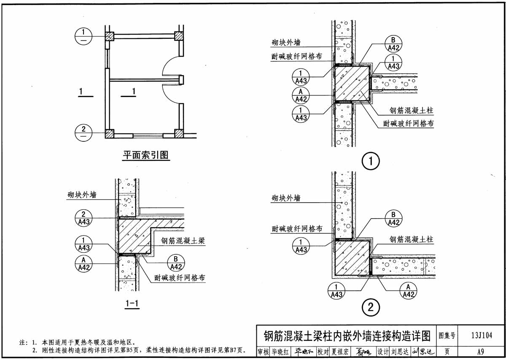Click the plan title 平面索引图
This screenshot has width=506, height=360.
pyautogui.click(x=145, y=155)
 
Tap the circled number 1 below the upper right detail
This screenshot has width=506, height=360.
pyautogui.click(x=371, y=161)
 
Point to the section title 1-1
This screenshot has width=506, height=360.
pyautogui.click(x=132, y=303)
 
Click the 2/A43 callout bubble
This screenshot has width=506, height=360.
pyautogui.click(x=84, y=218)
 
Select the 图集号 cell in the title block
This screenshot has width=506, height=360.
pyautogui.click(x=447, y=336)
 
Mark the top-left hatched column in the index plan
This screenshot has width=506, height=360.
pyautogui.click(x=110, y=36)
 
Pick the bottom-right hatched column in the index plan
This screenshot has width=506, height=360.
pyautogui.click(x=179, y=134)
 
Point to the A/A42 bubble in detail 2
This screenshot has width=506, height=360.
pyautogui.click(x=408, y=290)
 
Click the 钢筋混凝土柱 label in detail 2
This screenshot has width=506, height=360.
pyautogui.click(x=411, y=240)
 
